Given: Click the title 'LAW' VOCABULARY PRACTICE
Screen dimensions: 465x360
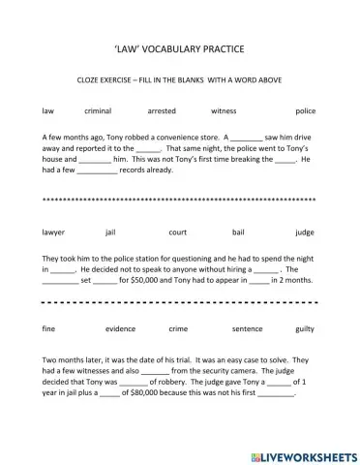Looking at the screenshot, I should pos(180,48).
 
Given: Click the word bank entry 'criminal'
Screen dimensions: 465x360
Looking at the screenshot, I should pos(99,111).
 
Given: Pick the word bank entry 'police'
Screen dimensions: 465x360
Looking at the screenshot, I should pos(305,111).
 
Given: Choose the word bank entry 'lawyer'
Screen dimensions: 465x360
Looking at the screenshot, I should pos(54,232).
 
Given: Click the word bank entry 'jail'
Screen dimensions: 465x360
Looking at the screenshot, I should pos(109,232).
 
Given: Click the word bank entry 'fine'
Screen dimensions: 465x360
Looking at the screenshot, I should pos(49,329).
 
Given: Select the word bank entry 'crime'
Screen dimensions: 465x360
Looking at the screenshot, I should pos(179,329).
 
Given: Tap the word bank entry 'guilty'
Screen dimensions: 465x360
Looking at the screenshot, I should pos(304,329).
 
